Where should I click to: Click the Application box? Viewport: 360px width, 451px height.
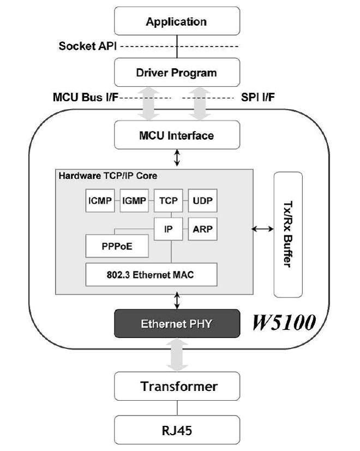click(x=177, y=21)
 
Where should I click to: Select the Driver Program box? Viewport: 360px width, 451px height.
click(x=177, y=72)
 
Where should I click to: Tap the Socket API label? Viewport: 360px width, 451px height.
click(x=88, y=46)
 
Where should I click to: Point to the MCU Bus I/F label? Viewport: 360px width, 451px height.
click(x=86, y=97)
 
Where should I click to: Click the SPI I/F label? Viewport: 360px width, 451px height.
click(x=257, y=97)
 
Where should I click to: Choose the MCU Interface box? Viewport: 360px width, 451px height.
click(x=177, y=135)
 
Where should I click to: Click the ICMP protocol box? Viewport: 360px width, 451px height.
click(x=100, y=200)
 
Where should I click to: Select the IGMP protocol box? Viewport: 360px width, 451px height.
click(x=134, y=200)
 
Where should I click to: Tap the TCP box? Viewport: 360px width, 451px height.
click(x=169, y=200)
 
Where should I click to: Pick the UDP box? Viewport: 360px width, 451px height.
click(x=202, y=200)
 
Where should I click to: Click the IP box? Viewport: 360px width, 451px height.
click(x=169, y=229)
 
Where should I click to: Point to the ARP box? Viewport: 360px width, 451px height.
click(x=202, y=229)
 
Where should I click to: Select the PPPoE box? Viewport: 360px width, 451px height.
click(x=117, y=246)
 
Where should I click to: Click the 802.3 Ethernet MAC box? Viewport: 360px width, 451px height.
click(x=152, y=275)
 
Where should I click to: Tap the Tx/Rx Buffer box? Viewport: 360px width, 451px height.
click(x=288, y=234)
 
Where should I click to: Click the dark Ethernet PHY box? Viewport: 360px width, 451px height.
click(x=177, y=323)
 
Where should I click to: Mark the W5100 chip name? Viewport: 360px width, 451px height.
click(x=284, y=322)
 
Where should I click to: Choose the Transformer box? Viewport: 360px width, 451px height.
click(x=177, y=386)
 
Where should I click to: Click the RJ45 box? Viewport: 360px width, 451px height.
click(x=177, y=430)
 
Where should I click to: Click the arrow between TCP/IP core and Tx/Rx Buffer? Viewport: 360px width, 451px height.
click(x=262, y=229)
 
